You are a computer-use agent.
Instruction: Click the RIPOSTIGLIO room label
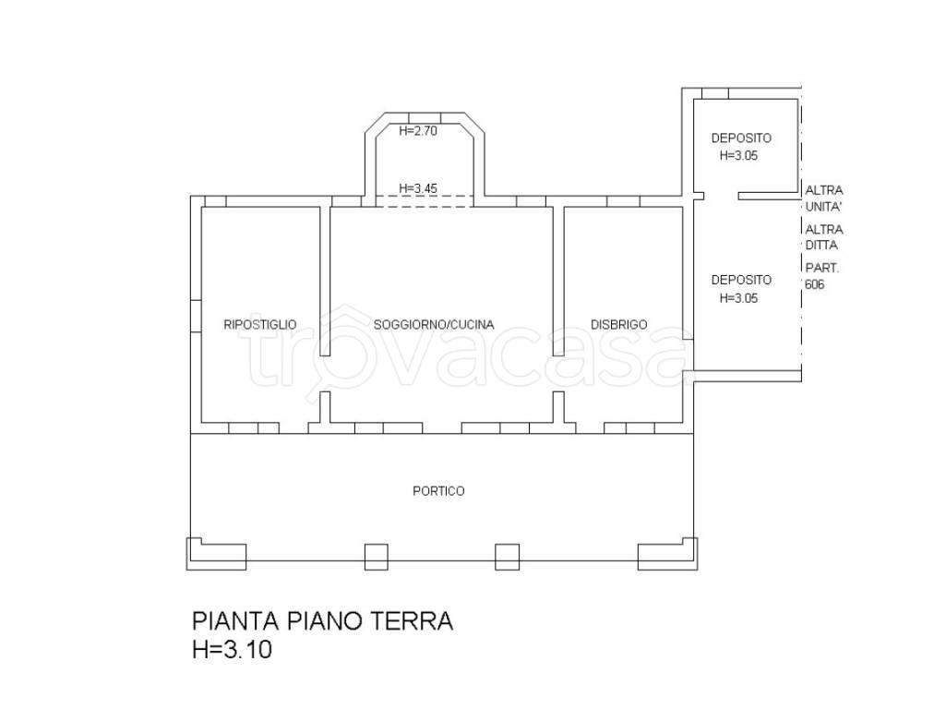[259, 325]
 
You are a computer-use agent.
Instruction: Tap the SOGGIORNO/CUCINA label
[434, 325]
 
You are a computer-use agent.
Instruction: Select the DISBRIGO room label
[619, 325]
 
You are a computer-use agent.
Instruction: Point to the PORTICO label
[438, 491]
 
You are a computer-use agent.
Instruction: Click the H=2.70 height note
[418, 131]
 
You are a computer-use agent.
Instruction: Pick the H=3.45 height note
[418, 188]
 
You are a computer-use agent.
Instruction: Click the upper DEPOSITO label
[741, 138]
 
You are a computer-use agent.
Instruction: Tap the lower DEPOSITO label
[741, 280]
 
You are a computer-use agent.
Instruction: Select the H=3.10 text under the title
[233, 649]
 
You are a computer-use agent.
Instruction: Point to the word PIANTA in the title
[235, 620]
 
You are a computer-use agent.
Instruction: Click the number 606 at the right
[814, 284]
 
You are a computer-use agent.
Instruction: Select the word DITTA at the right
[821, 246]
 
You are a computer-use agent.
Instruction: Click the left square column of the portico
[376, 557]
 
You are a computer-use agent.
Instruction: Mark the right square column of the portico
[507, 557]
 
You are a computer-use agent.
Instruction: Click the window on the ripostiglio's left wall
[196, 317]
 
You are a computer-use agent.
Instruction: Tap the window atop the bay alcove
[425, 117]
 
